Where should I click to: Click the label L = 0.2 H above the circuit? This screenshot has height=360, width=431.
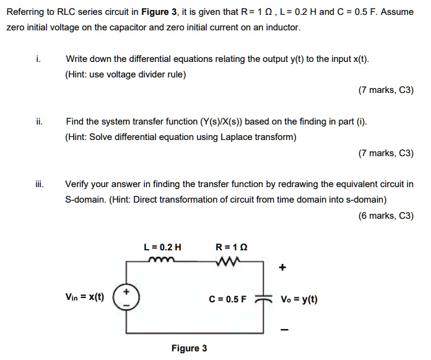[x=162, y=247]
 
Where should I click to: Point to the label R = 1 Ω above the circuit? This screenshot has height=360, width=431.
[x=231, y=247]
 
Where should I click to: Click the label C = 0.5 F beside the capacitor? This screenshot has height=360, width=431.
[x=227, y=298]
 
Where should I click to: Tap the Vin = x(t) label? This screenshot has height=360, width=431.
[x=84, y=297]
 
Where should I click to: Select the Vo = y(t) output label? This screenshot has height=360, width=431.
[x=299, y=298]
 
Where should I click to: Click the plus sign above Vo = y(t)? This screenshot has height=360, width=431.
[x=283, y=268]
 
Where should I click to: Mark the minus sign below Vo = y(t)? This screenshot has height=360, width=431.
[x=283, y=328]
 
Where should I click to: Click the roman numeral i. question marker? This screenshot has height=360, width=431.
[x=38, y=59]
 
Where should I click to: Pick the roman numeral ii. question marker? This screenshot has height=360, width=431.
[x=38, y=122]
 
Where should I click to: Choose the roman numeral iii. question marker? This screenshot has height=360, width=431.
[x=39, y=184]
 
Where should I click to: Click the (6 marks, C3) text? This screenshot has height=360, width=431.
[x=386, y=216]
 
